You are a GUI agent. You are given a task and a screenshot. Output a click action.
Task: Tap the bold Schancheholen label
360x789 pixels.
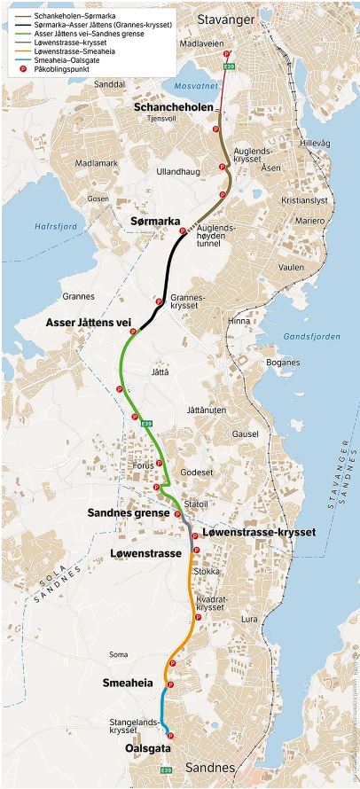pos(175,106)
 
